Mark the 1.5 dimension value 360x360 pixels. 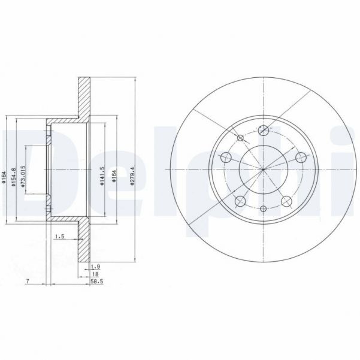coord(59,237)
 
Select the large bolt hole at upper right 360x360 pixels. coord(301,158)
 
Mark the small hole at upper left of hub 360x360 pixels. coord(240,137)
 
